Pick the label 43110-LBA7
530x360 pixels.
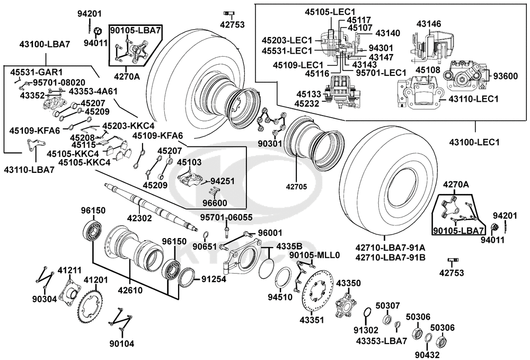(x=29, y=170)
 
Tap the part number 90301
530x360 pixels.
(x=269, y=143)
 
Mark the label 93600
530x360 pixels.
(x=505, y=76)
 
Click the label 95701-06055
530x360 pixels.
(x=226, y=217)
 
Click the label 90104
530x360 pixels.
(x=122, y=344)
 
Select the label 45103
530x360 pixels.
(x=189, y=162)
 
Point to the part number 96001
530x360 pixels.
(x=270, y=233)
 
